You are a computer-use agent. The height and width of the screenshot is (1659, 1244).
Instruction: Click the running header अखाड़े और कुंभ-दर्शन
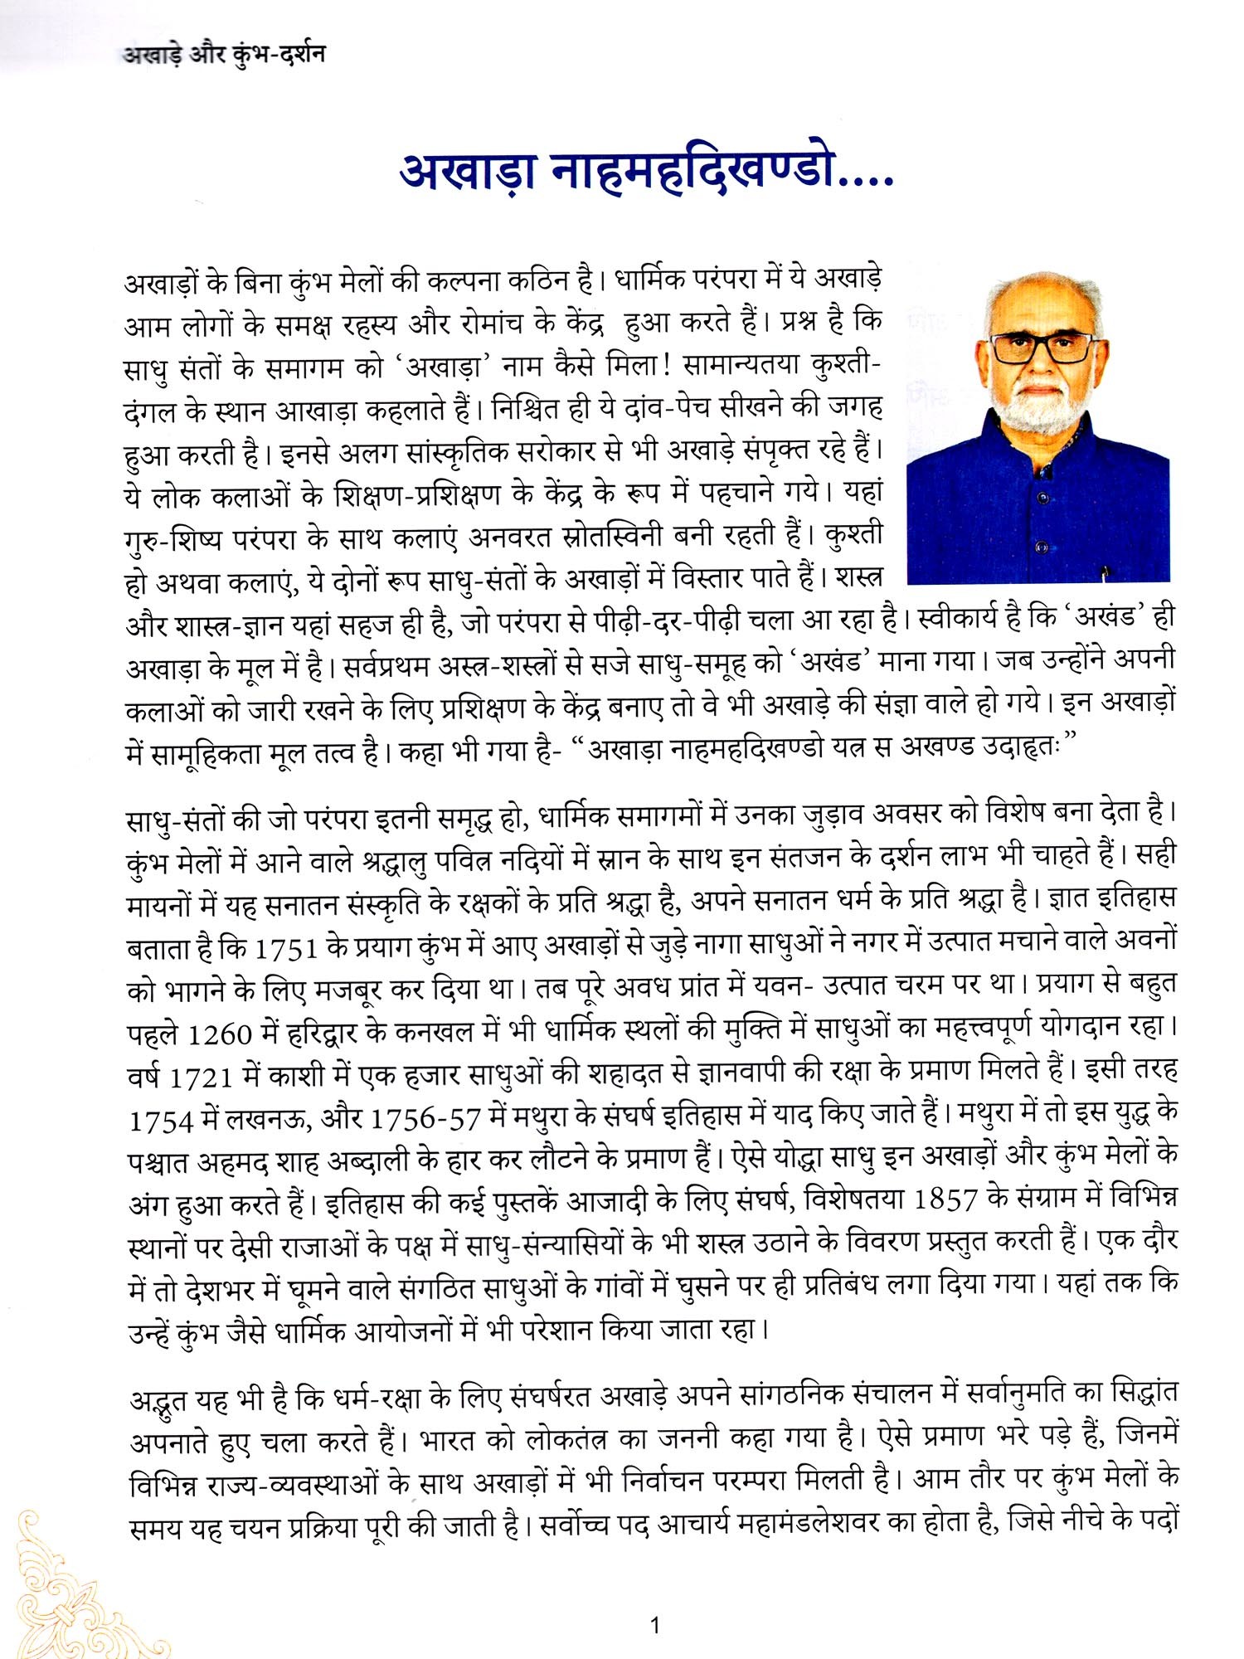(x=224, y=55)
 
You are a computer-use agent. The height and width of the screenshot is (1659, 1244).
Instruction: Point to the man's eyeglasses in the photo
(x=1042, y=347)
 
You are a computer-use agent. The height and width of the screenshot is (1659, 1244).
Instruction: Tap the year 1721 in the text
(x=200, y=1078)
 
